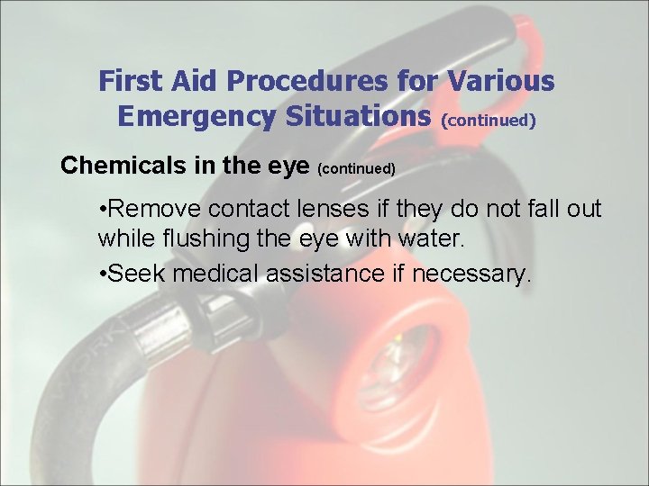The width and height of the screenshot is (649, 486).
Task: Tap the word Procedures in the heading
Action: [307, 80]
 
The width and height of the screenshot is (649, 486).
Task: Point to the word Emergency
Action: [197, 116]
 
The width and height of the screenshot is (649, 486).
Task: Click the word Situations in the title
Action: [359, 116]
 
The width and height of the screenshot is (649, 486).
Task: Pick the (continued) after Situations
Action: [489, 121]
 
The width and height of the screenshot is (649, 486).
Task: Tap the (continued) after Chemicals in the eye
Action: [356, 168]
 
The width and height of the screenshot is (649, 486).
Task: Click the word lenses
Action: [333, 208]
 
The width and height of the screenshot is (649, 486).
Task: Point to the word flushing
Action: [206, 238]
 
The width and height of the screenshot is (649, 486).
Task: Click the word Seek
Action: [135, 274]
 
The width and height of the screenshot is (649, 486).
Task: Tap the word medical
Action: [215, 273]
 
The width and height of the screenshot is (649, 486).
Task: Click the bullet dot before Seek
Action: [102, 273]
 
